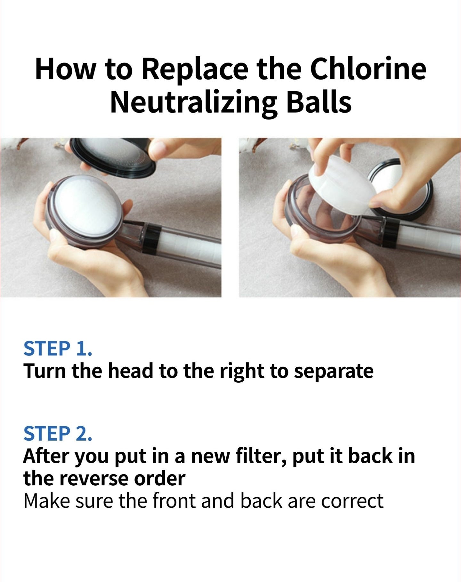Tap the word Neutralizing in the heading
coord(194,104)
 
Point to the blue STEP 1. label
coord(58,349)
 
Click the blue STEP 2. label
coord(58,434)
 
